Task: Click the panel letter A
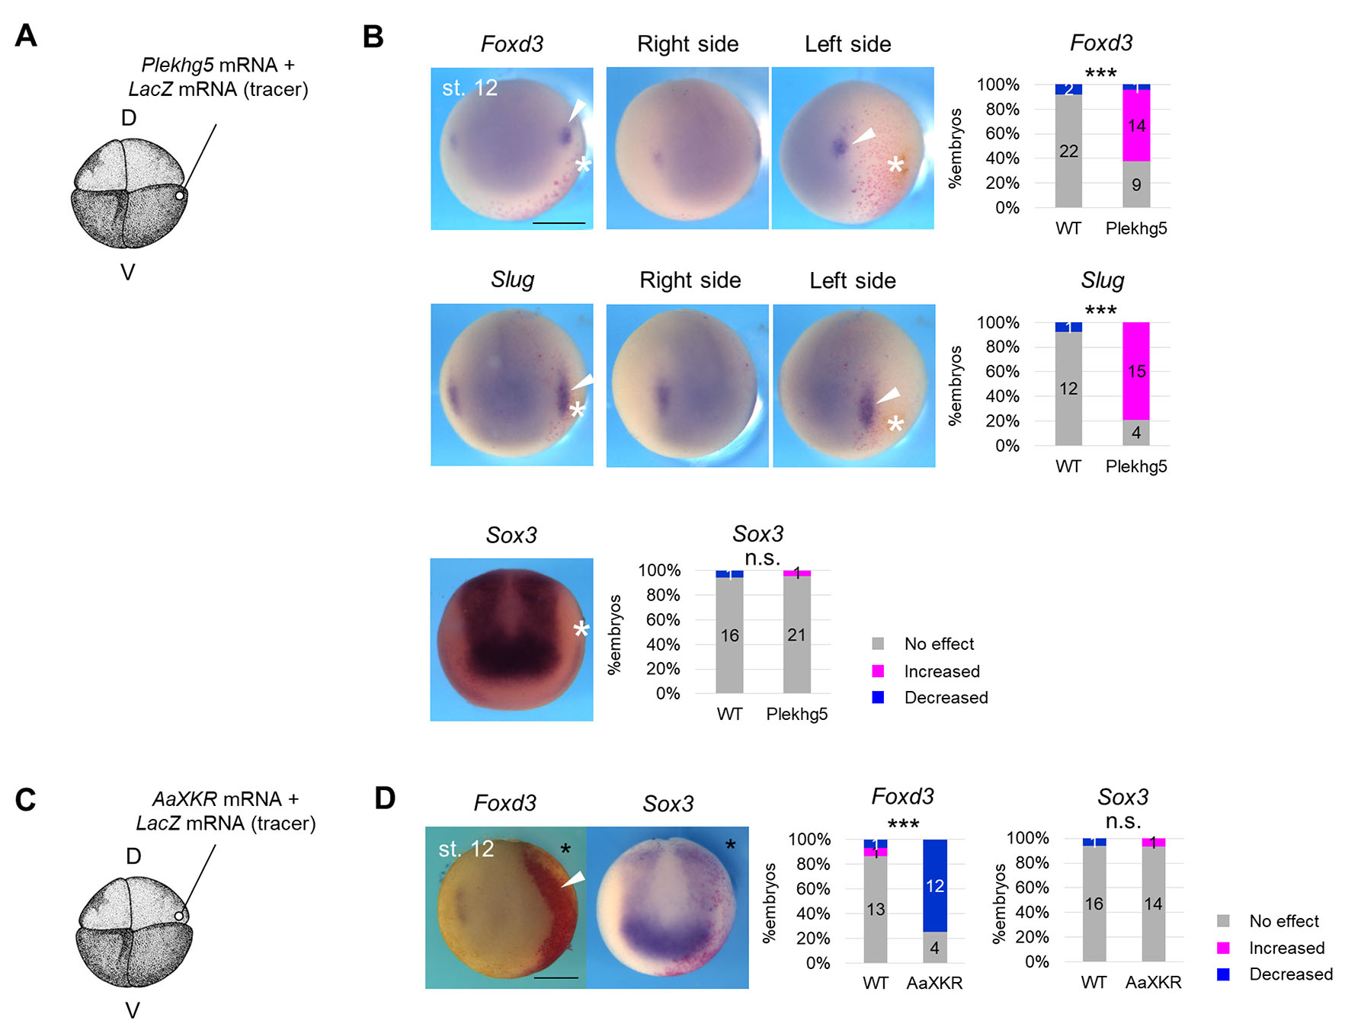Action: [26, 36]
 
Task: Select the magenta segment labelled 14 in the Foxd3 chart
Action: [1136, 125]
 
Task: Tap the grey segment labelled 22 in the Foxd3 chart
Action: [1068, 151]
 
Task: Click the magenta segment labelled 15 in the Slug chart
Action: [1136, 371]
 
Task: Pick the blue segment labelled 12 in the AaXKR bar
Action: [934, 885]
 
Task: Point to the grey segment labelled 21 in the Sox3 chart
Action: [796, 635]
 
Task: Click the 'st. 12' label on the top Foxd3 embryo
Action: [469, 88]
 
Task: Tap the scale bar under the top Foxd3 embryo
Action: [559, 223]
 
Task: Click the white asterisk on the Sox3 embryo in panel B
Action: [581, 630]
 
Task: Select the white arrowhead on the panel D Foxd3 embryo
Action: [574, 879]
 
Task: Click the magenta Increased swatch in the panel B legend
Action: [878, 671]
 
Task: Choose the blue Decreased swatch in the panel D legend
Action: [1223, 974]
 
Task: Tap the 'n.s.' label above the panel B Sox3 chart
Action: [762, 558]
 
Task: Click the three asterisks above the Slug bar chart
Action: [1100, 310]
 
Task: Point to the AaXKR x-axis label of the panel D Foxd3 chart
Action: [934, 983]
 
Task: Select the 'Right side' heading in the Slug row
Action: [690, 280]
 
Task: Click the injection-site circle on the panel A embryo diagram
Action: [180, 196]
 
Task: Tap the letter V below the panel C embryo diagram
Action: [133, 1011]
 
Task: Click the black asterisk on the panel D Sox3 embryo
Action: [730, 845]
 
